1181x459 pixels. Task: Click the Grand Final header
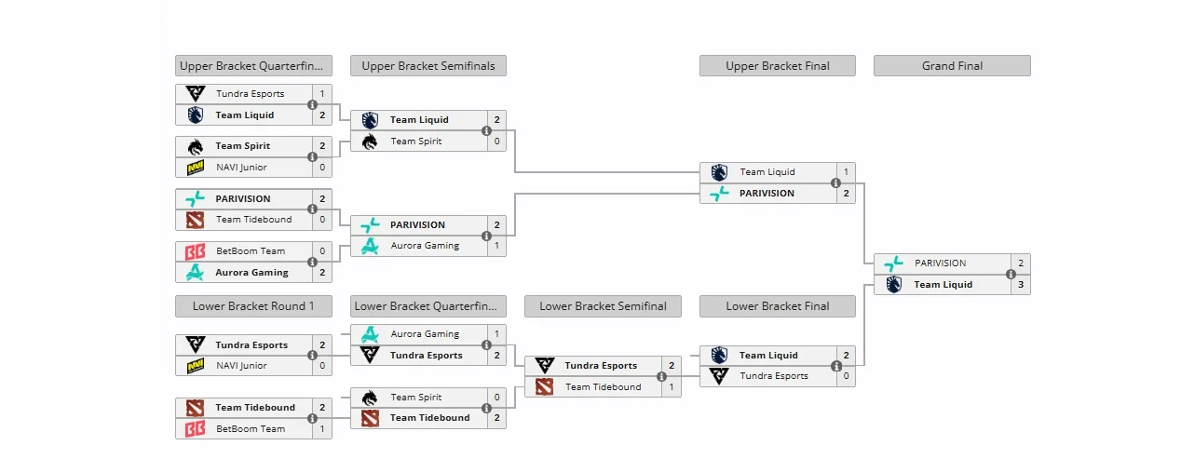(x=952, y=66)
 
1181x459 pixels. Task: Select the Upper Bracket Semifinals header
(x=428, y=66)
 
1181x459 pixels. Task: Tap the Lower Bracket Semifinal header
(x=603, y=306)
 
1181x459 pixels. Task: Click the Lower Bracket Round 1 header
(x=253, y=306)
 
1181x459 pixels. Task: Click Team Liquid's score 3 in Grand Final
(x=1021, y=285)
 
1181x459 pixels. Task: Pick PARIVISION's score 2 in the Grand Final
(x=1021, y=263)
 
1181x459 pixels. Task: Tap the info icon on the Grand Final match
(x=1011, y=275)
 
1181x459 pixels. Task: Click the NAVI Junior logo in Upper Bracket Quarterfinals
(x=195, y=168)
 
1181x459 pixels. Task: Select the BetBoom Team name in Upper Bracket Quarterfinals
(x=251, y=251)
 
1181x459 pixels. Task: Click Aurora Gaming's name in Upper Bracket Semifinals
(x=425, y=246)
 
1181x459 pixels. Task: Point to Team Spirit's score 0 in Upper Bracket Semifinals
(x=496, y=142)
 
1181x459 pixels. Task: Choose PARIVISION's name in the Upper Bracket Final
(x=767, y=194)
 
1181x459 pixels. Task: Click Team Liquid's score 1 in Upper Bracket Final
(x=846, y=172)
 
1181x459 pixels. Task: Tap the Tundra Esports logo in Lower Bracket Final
(x=718, y=376)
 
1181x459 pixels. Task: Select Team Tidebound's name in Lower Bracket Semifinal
(x=603, y=387)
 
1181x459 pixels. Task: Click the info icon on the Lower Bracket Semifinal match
(x=661, y=377)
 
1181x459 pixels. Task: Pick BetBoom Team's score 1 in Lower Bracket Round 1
(x=322, y=429)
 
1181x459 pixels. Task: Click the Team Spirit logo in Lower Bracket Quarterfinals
(x=370, y=398)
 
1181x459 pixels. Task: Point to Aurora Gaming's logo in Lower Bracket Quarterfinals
(x=370, y=334)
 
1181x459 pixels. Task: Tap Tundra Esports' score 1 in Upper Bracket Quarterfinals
(x=322, y=94)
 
